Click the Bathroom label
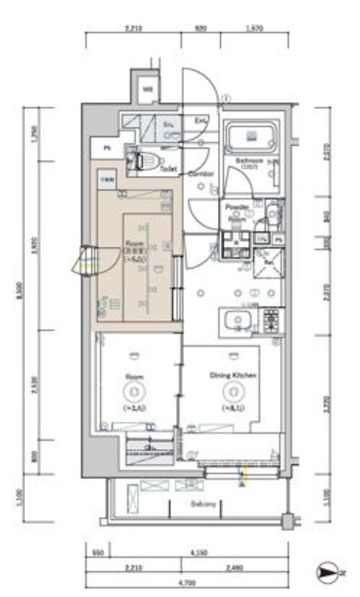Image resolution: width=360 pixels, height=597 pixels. pyautogui.click(x=250, y=162)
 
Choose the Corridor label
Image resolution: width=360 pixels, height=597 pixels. pyautogui.click(x=201, y=174)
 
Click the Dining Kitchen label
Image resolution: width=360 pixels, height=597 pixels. pyautogui.click(x=233, y=375)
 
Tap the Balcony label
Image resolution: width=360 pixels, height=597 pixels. pyautogui.click(x=204, y=504)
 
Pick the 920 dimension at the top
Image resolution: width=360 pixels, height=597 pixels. pyautogui.click(x=201, y=28)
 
